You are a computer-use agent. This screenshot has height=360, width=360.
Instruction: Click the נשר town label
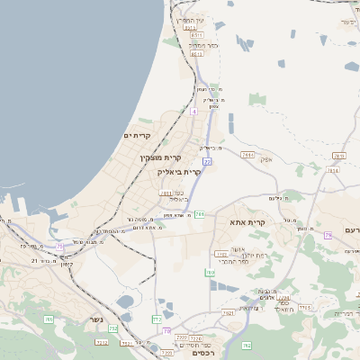coord(95,319)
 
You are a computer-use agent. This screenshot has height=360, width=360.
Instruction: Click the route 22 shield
coord(206,162)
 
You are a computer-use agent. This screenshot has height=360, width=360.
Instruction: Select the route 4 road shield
coord(193,112)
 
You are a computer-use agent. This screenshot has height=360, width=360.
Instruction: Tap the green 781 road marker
coord(199,214)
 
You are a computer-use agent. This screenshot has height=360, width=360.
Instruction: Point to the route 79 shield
coord(328,235)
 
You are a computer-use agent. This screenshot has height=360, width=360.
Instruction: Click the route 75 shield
coord(60,246)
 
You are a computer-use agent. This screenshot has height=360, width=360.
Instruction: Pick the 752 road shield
coord(113,328)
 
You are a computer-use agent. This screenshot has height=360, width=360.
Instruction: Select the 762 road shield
coord(247,346)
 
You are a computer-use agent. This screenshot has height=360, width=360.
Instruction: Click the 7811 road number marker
coord(165,193)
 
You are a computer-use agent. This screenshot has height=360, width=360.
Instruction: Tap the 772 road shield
coord(157,319)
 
